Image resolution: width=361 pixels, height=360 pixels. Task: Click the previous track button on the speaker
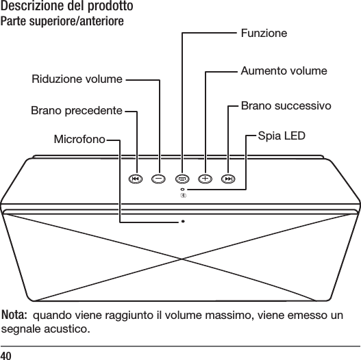(136, 179)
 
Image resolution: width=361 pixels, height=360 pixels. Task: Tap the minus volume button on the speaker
(159, 179)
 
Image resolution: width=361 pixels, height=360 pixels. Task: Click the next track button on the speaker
(229, 179)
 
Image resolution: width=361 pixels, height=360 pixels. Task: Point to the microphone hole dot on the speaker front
(183, 222)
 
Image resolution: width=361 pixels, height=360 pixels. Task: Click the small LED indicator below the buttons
(183, 189)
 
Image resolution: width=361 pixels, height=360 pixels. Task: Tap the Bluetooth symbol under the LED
(183, 196)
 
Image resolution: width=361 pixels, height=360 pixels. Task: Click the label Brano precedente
(77, 110)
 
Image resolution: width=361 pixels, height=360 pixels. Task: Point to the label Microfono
(79, 140)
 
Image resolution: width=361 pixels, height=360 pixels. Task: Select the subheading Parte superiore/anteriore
(62, 21)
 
